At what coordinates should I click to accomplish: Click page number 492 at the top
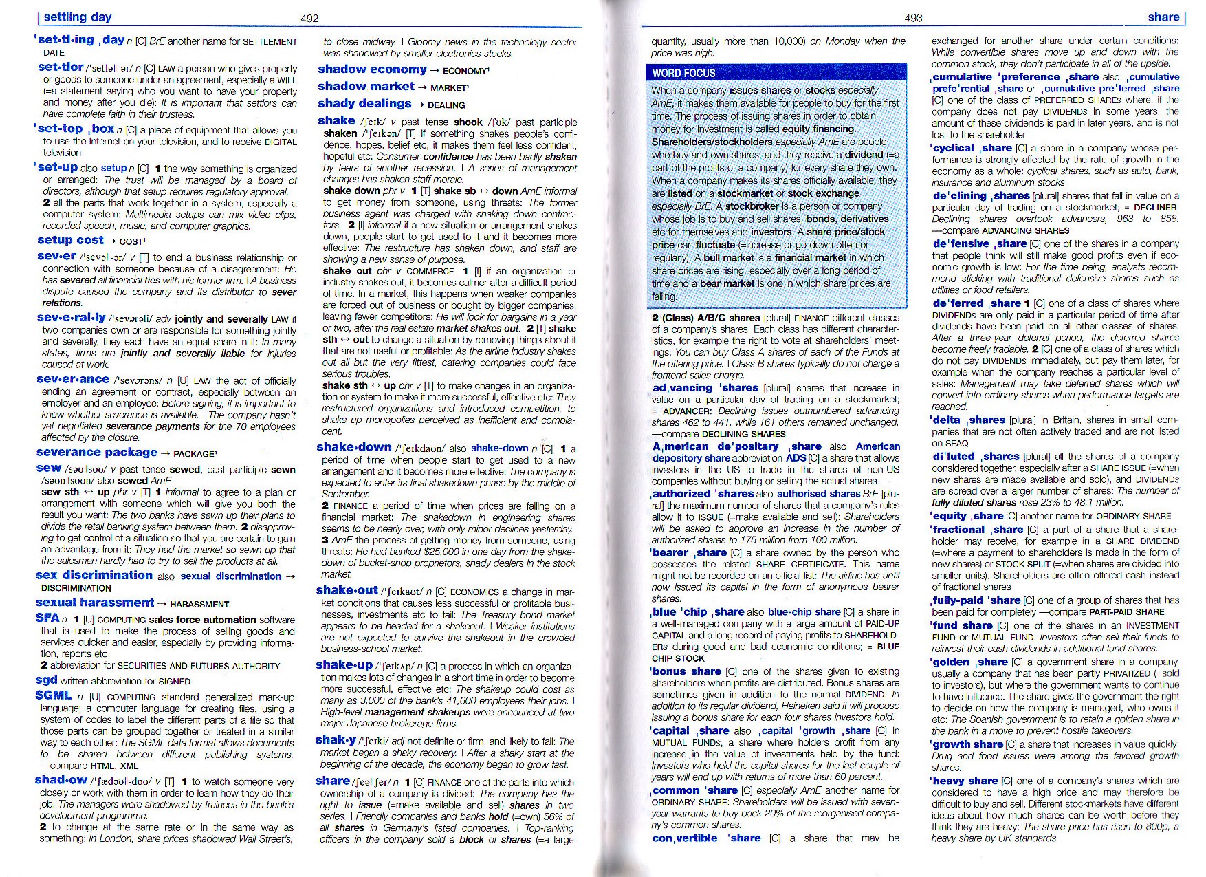pos(309,19)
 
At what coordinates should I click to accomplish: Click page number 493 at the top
pos(913,18)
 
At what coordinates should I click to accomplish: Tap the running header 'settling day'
pos(77,17)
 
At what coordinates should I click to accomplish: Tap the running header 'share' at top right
pos(1163,17)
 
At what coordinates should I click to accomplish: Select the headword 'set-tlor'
pos(61,67)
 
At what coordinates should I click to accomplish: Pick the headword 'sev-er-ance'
pos(73,380)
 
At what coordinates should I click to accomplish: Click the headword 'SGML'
pos(54,695)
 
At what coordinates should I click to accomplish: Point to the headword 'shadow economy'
pos(372,69)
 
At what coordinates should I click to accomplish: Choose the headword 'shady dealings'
pos(364,104)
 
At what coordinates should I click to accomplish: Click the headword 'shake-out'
pos(347,590)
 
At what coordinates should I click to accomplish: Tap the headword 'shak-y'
pos(336,740)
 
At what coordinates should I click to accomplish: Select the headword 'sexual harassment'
pos(95,603)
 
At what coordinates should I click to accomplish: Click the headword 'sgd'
pos(46,680)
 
